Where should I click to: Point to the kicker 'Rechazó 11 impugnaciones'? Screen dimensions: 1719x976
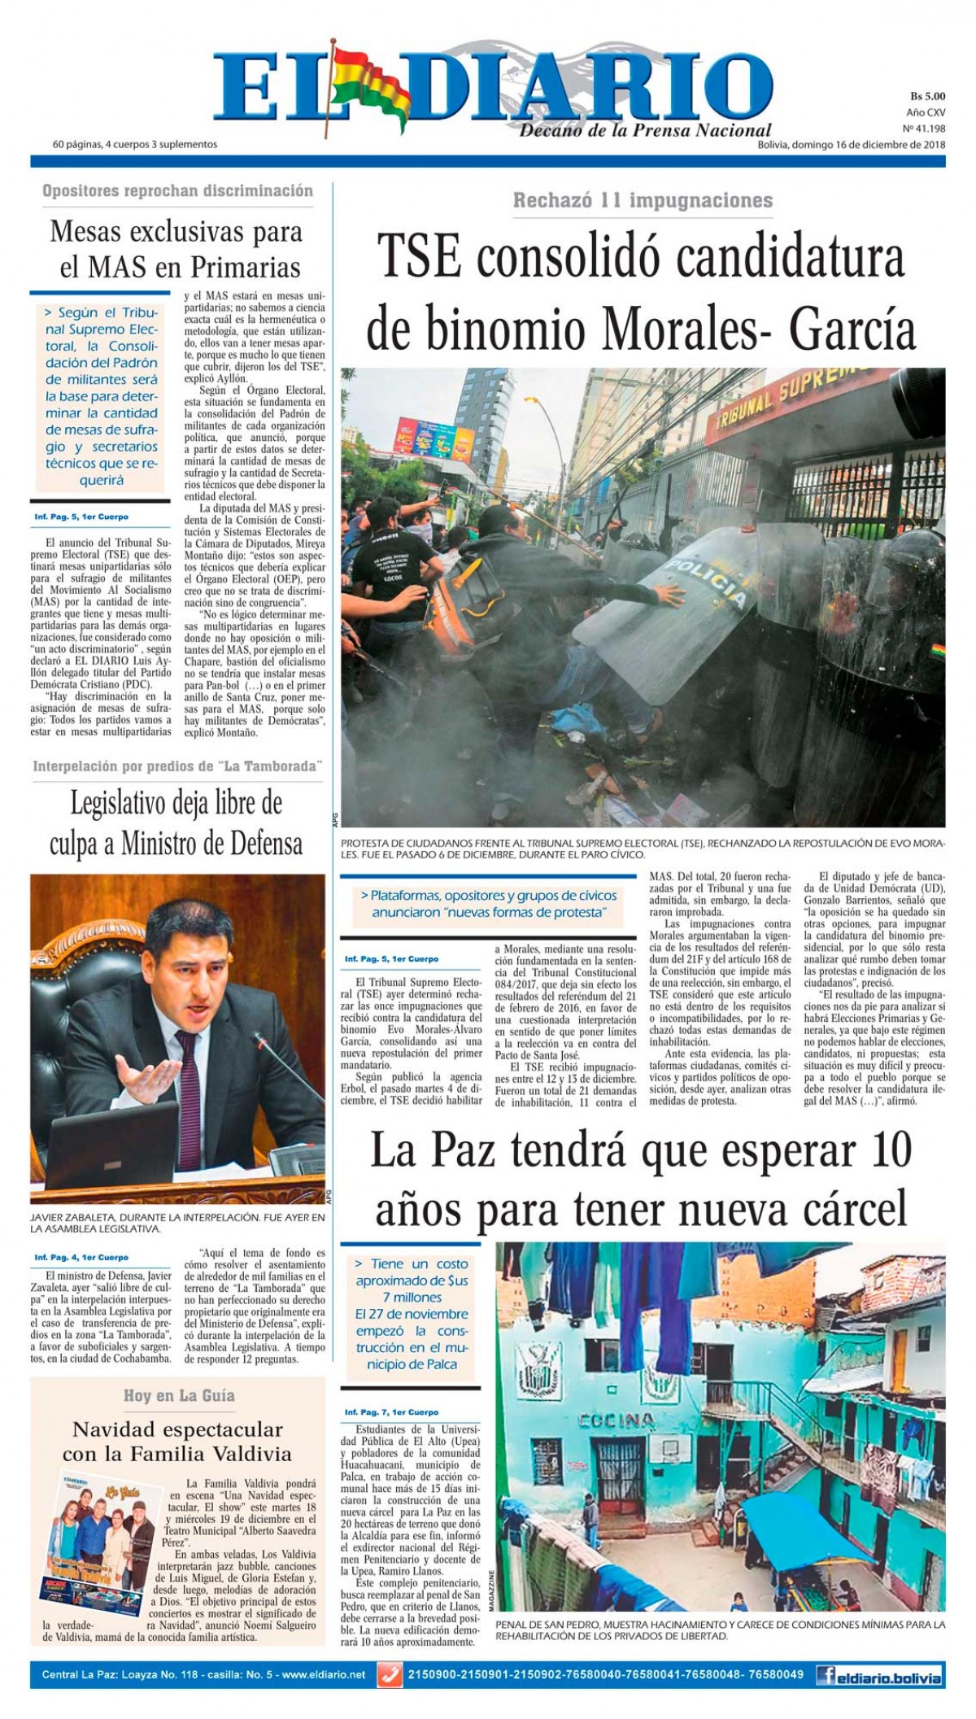coord(643,200)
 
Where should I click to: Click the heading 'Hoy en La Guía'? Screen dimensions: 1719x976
coord(179,1395)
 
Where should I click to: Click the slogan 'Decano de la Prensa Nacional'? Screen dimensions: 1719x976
coord(645,130)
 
